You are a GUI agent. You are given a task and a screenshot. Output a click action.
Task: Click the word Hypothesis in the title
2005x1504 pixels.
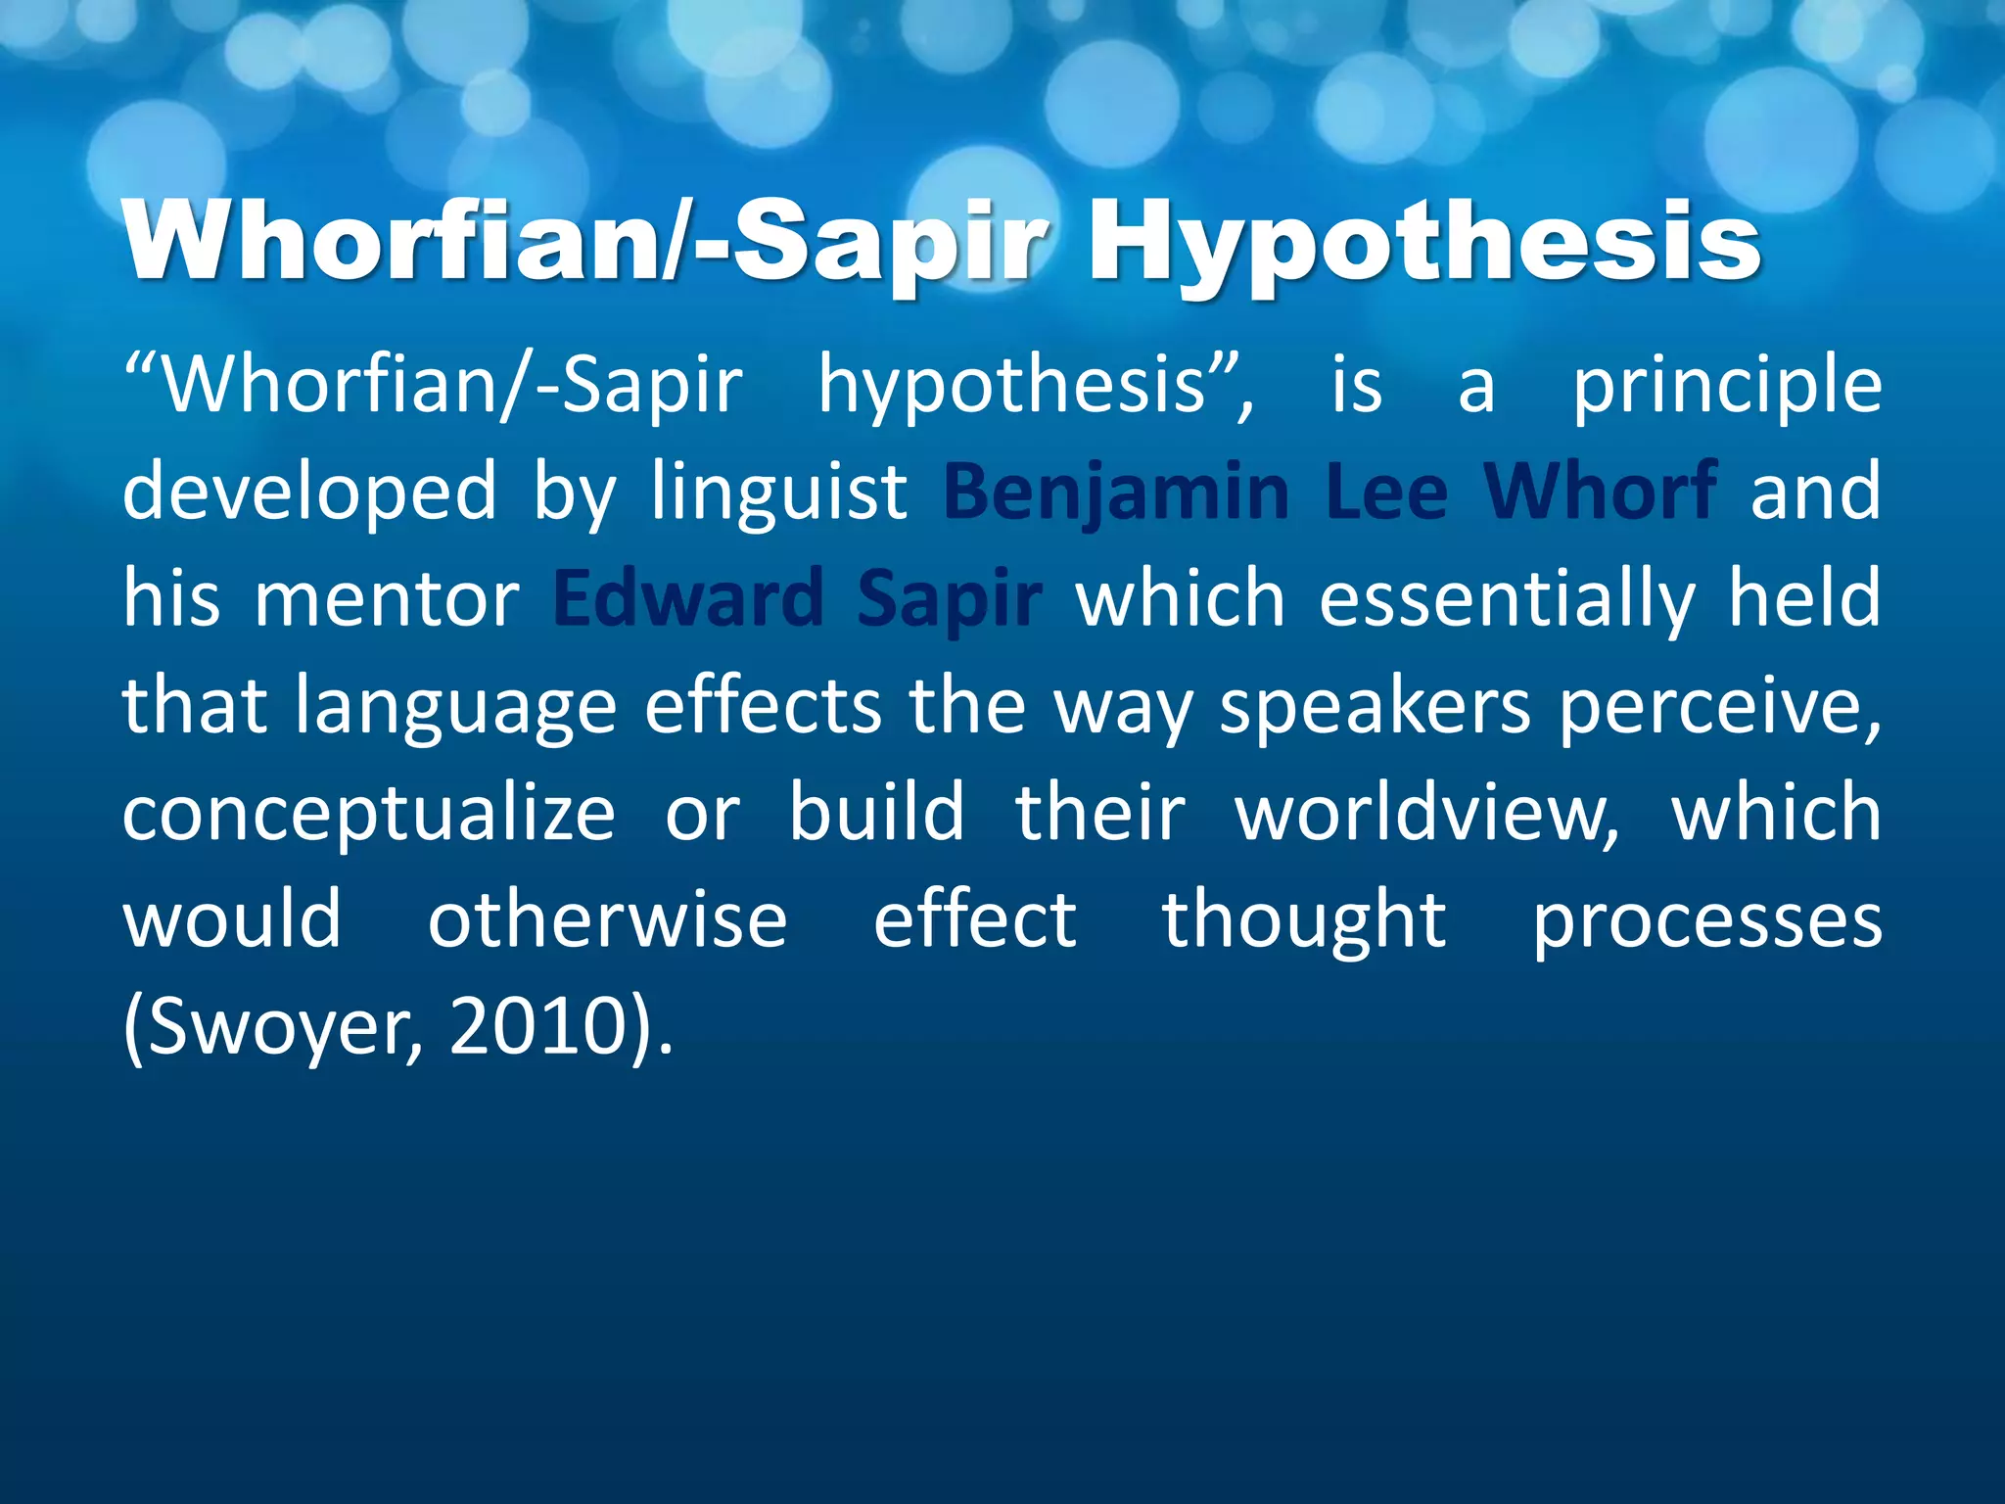pyautogui.click(x=1424, y=243)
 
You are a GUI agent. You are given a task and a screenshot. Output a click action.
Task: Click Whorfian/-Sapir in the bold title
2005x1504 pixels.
pyautogui.click(x=587, y=243)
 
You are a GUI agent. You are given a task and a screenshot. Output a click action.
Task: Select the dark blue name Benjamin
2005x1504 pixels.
pyautogui.click(x=1116, y=492)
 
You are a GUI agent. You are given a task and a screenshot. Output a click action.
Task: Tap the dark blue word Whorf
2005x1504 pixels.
pyautogui.click(x=1600, y=492)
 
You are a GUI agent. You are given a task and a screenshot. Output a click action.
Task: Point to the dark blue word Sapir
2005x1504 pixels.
pyautogui.click(x=949, y=598)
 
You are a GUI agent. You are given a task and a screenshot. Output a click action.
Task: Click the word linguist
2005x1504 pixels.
pyautogui.click(x=779, y=492)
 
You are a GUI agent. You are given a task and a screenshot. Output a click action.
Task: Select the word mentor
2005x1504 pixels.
pyautogui.click(x=387, y=598)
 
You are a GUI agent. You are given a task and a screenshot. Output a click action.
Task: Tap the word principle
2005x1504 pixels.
pyautogui.click(x=1727, y=386)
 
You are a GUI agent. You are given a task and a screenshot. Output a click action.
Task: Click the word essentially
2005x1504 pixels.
pyautogui.click(x=1507, y=598)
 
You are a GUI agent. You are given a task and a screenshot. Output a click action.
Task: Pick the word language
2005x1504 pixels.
pyautogui.click(x=456, y=707)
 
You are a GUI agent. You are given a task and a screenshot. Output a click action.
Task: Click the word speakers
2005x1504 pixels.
pyautogui.click(x=1375, y=707)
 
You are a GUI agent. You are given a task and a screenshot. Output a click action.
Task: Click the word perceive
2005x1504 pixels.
pyautogui.click(x=1719, y=707)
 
